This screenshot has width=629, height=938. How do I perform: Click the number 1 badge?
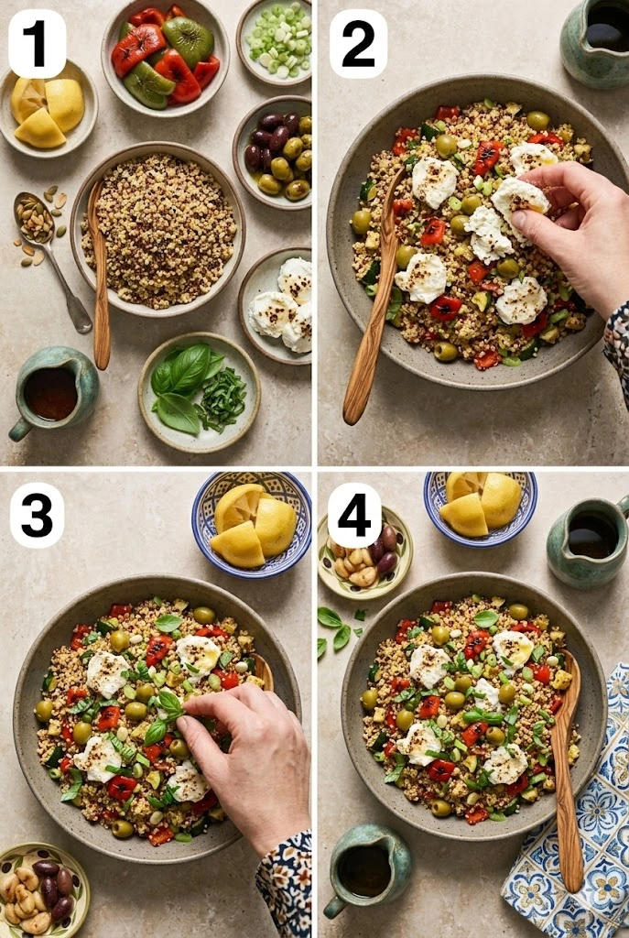coord(37,44)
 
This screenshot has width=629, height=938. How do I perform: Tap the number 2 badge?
coord(358,44)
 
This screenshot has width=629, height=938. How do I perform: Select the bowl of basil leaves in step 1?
coord(199,392)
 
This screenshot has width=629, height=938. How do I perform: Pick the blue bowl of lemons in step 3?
coord(252,525)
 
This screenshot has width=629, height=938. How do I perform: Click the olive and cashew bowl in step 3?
coord(42,889)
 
